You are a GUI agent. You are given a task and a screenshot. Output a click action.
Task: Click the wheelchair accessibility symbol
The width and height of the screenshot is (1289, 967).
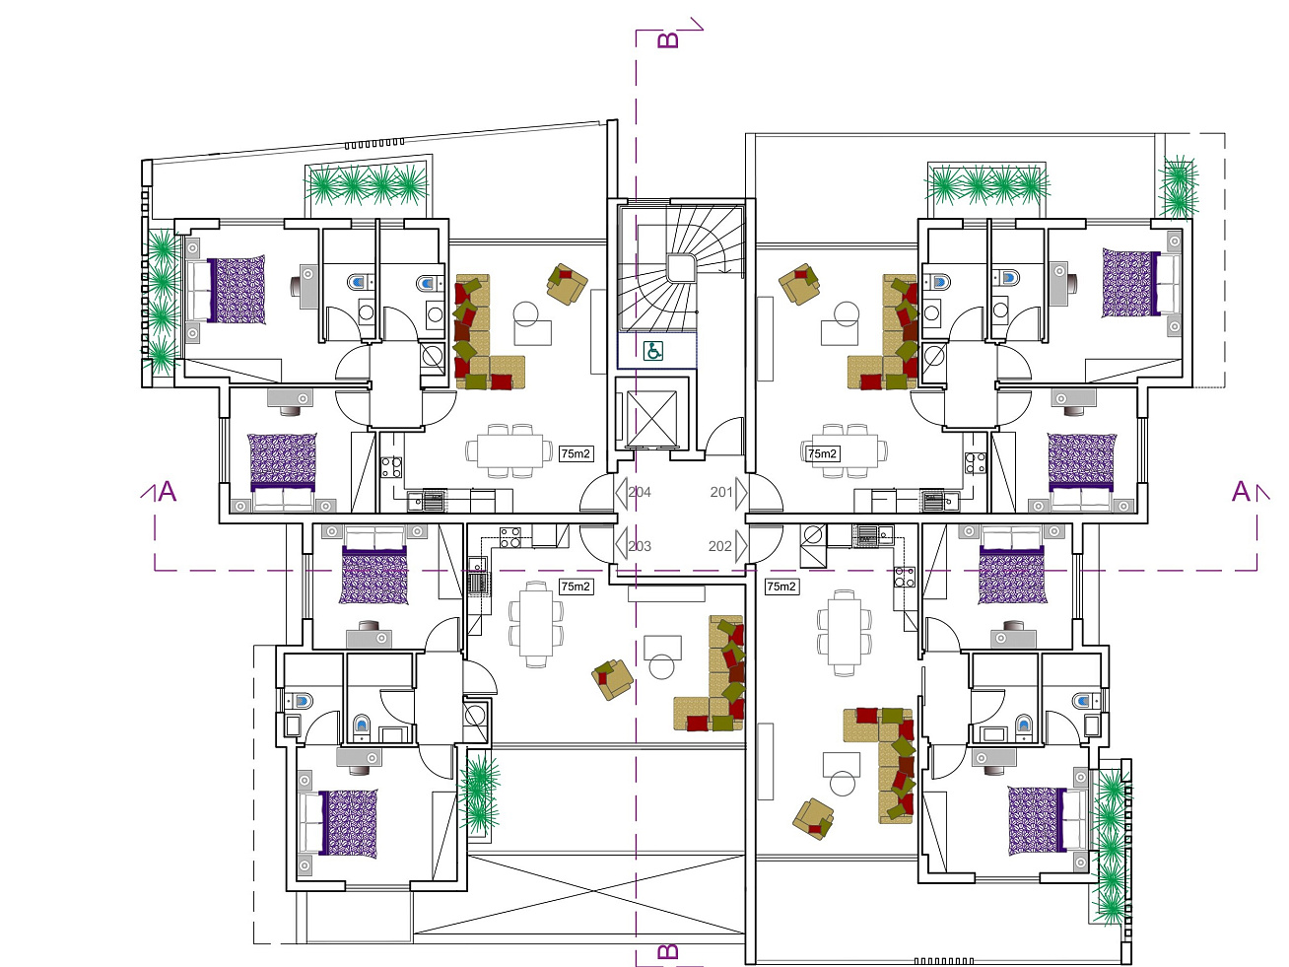coord(653,351)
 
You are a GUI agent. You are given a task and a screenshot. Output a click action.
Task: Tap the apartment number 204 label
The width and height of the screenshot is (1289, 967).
coord(640,492)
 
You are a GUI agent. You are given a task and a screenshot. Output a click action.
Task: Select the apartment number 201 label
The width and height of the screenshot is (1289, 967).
coord(721,492)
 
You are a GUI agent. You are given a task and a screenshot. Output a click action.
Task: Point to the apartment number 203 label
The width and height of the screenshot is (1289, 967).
coord(640,546)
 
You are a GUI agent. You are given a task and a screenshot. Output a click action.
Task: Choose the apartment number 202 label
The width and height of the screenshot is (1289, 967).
coord(720,546)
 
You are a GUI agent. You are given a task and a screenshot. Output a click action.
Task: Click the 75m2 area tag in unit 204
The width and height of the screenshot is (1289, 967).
coord(576,453)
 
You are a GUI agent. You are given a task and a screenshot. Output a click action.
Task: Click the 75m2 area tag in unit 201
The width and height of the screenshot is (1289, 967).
coord(822,453)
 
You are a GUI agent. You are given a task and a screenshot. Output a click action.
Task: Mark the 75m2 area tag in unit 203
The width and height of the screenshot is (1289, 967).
coord(576,586)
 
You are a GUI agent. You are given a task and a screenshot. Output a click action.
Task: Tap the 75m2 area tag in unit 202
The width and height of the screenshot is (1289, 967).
coord(781,586)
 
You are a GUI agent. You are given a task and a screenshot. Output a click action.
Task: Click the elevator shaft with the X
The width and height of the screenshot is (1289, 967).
coord(651,418)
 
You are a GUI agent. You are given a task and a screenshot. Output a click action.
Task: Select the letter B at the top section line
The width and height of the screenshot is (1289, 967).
coord(668,40)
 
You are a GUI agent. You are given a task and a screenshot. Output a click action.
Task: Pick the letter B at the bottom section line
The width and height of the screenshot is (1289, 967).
coord(668,951)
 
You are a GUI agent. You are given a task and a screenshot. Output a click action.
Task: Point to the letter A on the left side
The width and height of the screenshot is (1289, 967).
coord(168,492)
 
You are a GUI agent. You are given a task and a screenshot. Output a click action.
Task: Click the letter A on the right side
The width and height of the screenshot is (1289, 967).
coord(1241,492)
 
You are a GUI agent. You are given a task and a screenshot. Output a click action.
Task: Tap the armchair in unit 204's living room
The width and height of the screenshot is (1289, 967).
coord(567,284)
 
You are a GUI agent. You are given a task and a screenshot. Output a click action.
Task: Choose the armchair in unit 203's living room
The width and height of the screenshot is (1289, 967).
coord(613,679)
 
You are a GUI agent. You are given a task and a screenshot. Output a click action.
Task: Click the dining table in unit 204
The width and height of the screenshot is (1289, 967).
coord(509,450)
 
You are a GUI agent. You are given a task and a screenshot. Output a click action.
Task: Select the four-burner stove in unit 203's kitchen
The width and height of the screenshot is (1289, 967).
coord(509,537)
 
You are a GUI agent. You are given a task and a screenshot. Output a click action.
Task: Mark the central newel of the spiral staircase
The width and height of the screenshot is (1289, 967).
coord(681,269)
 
